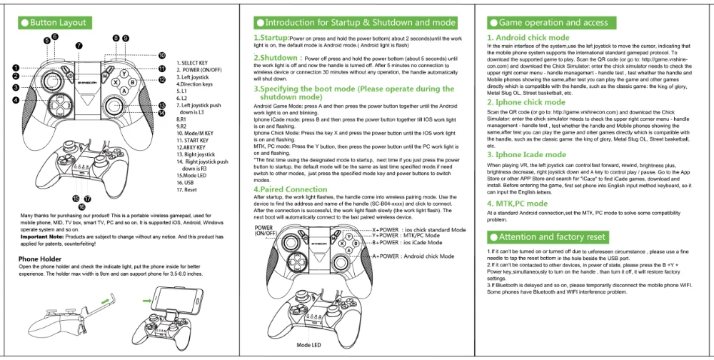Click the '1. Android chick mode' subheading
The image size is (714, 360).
click(x=528, y=37)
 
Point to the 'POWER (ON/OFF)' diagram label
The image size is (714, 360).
click(x=265, y=231)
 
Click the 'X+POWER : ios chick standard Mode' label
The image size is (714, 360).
click(x=419, y=230)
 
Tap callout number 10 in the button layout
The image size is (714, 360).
click(x=162, y=55)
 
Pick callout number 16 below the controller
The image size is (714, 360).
click(x=82, y=206)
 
